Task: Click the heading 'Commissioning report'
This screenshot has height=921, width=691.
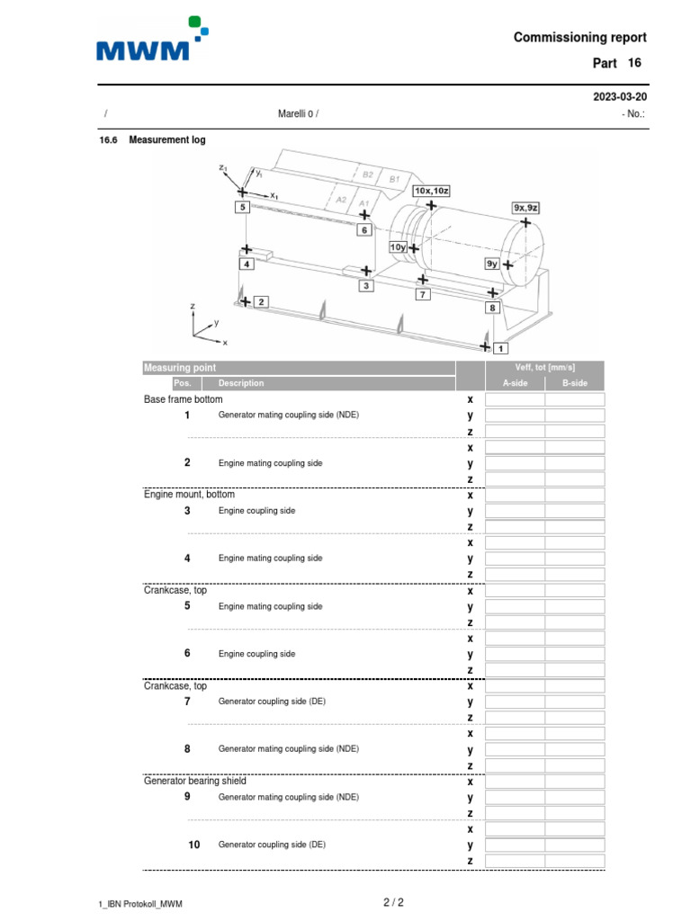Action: [579, 37]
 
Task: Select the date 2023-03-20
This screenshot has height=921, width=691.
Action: [619, 96]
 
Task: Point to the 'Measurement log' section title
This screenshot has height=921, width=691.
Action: [166, 140]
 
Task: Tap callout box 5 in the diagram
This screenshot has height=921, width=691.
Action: [241, 207]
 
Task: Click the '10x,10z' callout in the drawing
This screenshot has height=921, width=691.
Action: [432, 191]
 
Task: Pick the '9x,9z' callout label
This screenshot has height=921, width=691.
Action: [525, 207]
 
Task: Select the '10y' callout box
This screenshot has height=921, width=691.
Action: [398, 247]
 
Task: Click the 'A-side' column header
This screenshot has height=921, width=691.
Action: [515, 383]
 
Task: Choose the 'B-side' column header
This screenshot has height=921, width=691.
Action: [575, 383]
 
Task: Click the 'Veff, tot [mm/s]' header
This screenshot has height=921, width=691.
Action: [544, 368]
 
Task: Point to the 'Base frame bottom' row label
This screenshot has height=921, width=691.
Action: [183, 398]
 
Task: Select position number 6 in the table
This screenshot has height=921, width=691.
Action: [187, 653]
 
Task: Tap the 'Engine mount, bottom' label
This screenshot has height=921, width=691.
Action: [189, 495]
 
